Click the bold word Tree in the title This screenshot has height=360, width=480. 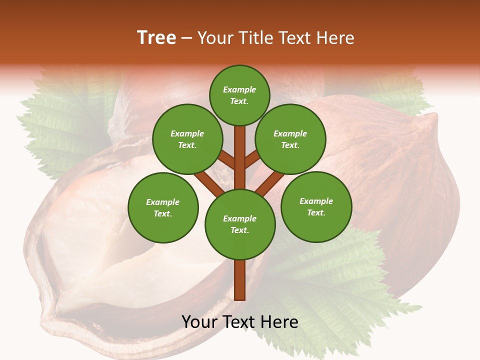pos(156,38)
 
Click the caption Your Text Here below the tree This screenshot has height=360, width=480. pos(240,322)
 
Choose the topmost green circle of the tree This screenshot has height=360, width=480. pos(239,95)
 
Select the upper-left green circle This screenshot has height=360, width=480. pos(187,139)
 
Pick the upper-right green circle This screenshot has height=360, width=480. pos(290,139)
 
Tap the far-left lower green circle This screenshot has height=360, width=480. pos(163,207)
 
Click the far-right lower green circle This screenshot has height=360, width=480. pos(316,206)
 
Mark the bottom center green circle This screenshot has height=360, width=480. pos(240,224)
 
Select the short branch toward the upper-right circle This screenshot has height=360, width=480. pos(252,159)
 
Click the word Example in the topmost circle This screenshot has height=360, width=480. pos(239,89)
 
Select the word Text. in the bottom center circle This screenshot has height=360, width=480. pos(239,230)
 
